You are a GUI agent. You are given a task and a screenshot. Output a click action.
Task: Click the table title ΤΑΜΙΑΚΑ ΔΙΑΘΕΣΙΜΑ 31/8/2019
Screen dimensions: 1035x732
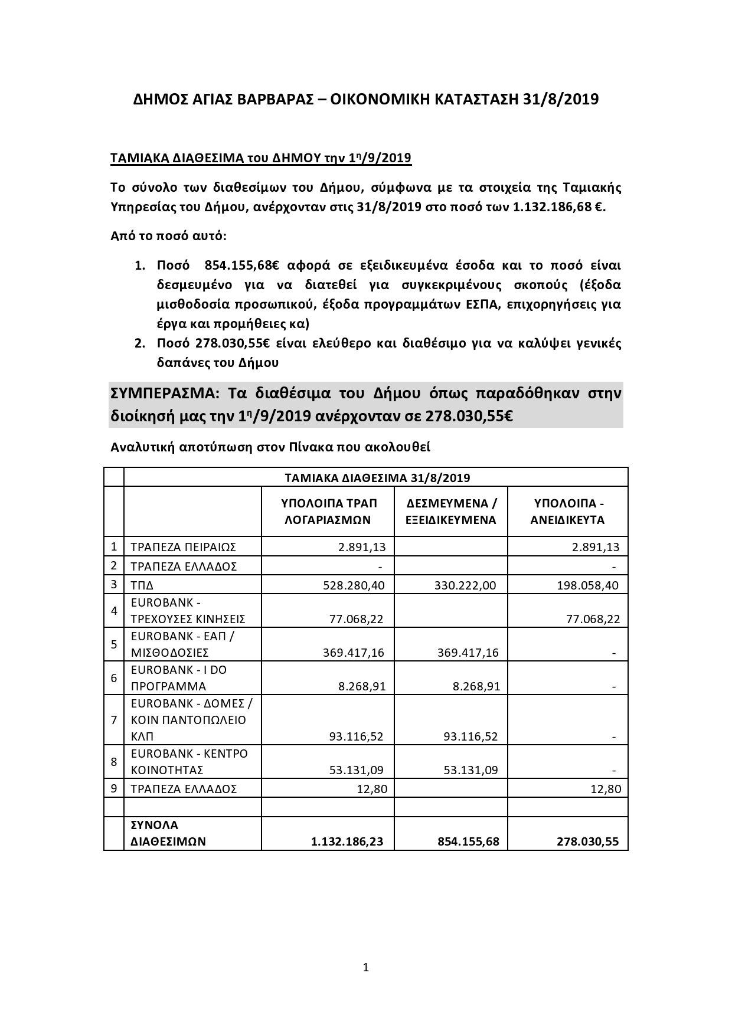point(376,477)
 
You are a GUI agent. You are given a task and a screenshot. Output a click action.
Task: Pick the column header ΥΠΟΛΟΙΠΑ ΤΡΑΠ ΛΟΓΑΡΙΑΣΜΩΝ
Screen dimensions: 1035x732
point(328,512)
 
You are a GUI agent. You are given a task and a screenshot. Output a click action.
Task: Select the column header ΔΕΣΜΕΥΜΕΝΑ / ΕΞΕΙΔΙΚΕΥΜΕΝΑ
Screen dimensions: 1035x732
point(451,512)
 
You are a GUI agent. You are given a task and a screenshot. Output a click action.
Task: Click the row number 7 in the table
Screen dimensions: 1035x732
point(114,720)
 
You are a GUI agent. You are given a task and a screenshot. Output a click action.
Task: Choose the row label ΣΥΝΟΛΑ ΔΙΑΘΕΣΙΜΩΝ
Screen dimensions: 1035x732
point(168,833)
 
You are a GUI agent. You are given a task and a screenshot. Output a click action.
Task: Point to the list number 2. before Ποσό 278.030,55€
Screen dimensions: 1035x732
point(140,343)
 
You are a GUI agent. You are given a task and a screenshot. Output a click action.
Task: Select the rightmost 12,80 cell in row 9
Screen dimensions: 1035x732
point(606,789)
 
